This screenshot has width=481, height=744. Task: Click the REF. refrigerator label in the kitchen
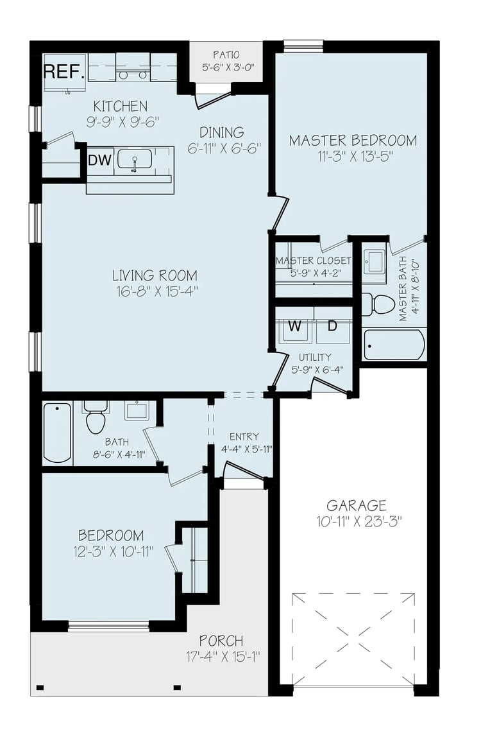64,71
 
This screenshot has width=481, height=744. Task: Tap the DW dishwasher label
99,160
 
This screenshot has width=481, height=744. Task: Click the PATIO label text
226,54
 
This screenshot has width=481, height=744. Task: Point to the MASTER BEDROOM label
353,140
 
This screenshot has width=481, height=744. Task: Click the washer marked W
294,326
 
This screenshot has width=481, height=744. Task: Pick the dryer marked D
332,326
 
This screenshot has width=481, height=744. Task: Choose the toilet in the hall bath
96,418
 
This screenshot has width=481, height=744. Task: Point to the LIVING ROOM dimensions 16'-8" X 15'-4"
155,291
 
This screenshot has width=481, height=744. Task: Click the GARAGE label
357,505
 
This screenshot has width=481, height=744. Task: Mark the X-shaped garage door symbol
353,639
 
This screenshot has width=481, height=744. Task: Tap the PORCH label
221,641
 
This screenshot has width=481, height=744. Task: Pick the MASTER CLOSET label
314,261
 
